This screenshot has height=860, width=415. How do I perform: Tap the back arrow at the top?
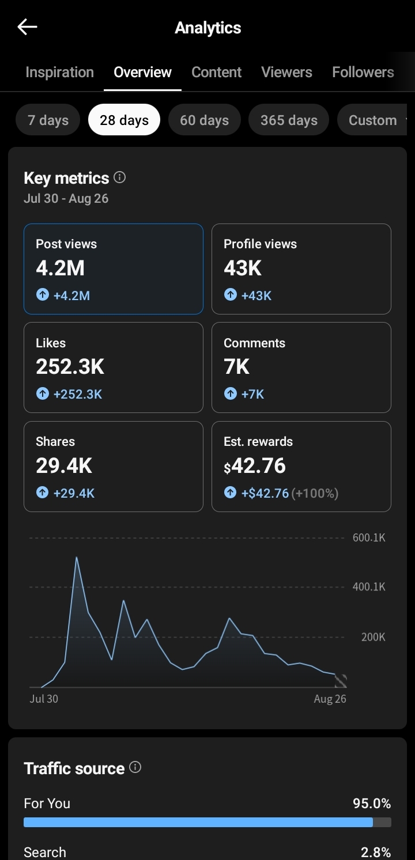[x=27, y=27]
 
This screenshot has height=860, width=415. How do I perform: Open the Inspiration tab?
[x=59, y=72]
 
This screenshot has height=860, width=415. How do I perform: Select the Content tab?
[x=216, y=72]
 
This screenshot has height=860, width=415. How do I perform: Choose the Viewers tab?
[x=286, y=72]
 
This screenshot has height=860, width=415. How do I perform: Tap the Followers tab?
[x=363, y=72]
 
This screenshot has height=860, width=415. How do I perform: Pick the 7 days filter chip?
[x=48, y=120]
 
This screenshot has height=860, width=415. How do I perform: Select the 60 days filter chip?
[x=205, y=120]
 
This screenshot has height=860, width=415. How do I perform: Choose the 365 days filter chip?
[x=289, y=120]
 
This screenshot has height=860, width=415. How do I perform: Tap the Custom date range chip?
[x=372, y=120]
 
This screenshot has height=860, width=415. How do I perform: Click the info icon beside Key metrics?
[x=120, y=177]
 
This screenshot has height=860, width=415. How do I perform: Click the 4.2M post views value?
[x=61, y=268]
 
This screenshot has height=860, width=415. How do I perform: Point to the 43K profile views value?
[x=243, y=268]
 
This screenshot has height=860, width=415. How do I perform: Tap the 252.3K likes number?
[x=70, y=367]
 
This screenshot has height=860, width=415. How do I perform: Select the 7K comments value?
[x=237, y=367]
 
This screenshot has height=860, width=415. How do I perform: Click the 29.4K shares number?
[x=64, y=465]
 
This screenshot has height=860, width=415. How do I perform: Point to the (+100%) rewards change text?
[x=315, y=493]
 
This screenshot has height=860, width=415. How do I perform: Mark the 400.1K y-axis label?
[x=369, y=586]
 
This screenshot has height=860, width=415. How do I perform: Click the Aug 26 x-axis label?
[x=330, y=699]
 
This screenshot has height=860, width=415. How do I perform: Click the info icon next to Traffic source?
[x=135, y=767]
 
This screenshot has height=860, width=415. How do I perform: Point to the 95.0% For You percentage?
[x=372, y=804]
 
